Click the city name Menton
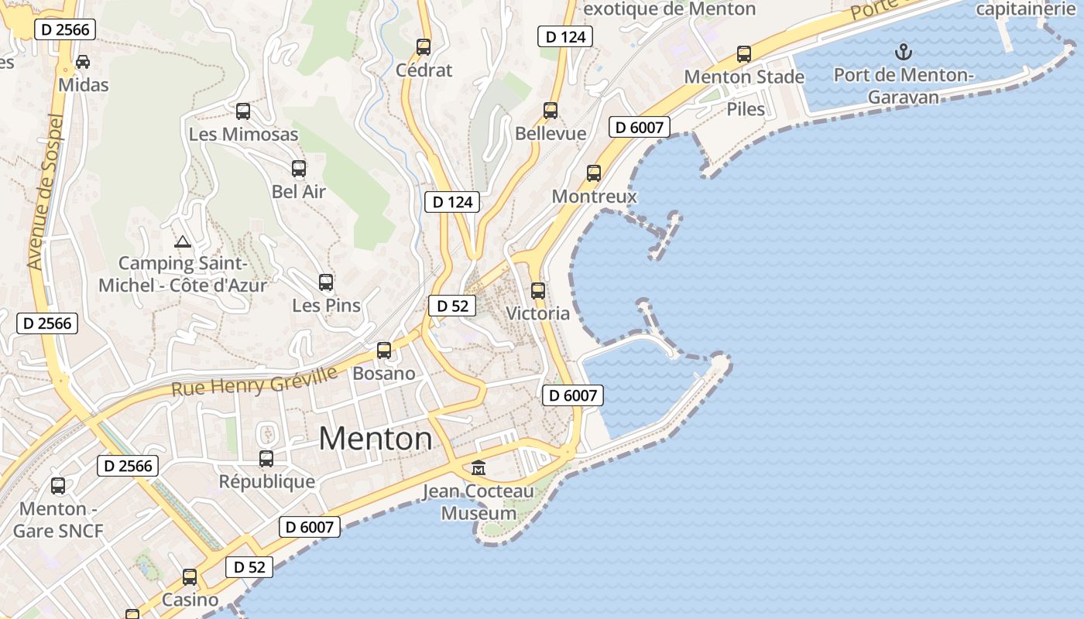(x=376, y=439)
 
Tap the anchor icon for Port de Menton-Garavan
(x=903, y=53)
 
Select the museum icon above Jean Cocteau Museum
(x=479, y=468)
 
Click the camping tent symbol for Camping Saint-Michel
(x=183, y=241)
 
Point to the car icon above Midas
(x=83, y=62)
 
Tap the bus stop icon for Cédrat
(x=424, y=46)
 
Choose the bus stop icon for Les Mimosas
(x=243, y=111)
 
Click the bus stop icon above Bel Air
(x=298, y=169)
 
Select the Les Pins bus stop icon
(x=326, y=282)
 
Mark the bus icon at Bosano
(x=384, y=351)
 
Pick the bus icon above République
(x=266, y=459)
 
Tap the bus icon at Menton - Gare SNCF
(x=58, y=486)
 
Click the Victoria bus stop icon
(x=538, y=291)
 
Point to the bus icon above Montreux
(x=594, y=173)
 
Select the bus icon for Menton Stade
(x=744, y=54)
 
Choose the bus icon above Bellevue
(x=551, y=111)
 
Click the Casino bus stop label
(x=190, y=600)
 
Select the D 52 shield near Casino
(x=250, y=567)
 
